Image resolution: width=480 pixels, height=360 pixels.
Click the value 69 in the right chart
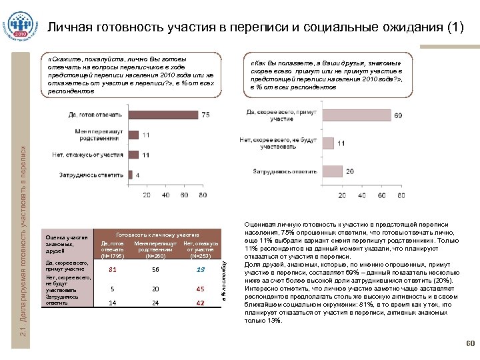(398, 116)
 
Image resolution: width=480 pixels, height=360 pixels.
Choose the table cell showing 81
(113, 269)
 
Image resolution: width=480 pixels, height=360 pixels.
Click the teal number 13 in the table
(200, 269)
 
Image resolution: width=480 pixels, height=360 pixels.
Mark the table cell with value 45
(200, 289)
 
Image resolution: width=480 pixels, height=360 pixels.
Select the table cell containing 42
(200, 303)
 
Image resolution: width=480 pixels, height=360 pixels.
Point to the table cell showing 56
(155, 269)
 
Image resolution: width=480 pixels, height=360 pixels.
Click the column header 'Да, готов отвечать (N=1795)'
(112, 249)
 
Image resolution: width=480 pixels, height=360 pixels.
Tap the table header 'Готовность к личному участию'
(158, 235)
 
